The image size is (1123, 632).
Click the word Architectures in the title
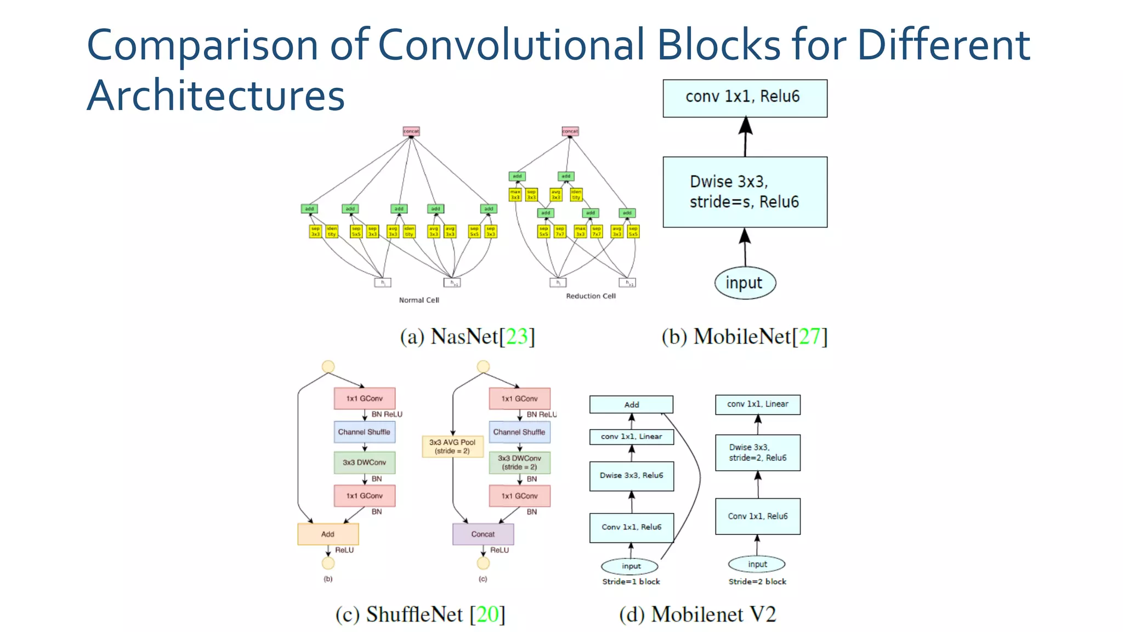click(x=215, y=96)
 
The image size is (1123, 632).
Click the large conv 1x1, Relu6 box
click(x=745, y=98)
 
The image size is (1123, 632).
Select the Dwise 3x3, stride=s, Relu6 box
click(x=745, y=192)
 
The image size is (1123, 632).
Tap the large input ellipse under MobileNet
click(x=745, y=283)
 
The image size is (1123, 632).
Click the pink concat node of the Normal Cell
click(x=411, y=131)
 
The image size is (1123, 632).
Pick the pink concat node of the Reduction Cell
click(x=570, y=131)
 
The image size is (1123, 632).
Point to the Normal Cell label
click(x=419, y=300)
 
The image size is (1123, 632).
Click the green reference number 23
click(x=516, y=336)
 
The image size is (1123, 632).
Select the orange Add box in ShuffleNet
click(x=328, y=534)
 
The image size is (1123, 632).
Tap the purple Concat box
click(x=483, y=534)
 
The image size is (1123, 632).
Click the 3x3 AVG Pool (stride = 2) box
click(x=452, y=447)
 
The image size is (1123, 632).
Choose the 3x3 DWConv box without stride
click(x=364, y=462)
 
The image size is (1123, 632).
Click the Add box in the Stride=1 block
click(x=631, y=404)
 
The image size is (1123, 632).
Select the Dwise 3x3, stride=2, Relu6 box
click(x=757, y=453)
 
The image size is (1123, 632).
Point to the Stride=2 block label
click(x=757, y=582)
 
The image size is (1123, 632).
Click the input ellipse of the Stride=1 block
click(x=631, y=566)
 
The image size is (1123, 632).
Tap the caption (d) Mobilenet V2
click(x=697, y=614)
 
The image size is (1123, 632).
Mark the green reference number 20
click(x=487, y=614)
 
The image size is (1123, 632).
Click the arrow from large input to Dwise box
click(x=745, y=248)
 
